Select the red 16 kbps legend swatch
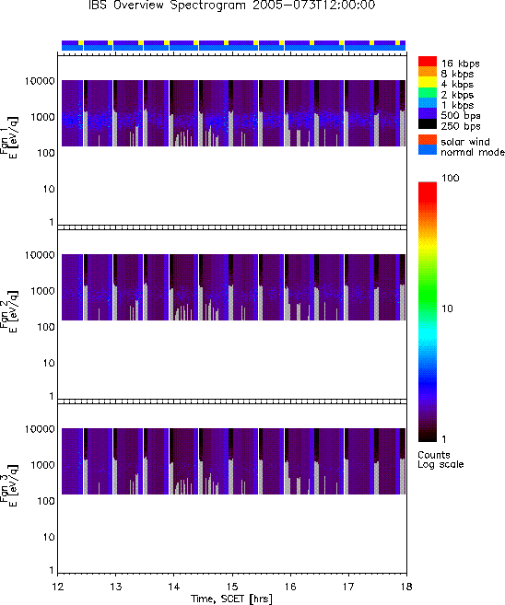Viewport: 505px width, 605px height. pyautogui.click(x=428, y=61)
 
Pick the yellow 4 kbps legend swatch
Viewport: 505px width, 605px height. pyautogui.click(x=428, y=82)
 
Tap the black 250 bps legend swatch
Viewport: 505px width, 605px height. pyautogui.click(x=428, y=124)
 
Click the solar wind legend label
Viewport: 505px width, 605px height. pyautogui.click(x=465, y=142)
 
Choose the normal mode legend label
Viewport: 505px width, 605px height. pyautogui.click(x=473, y=152)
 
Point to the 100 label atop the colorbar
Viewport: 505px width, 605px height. pyautogui.click(x=451, y=178)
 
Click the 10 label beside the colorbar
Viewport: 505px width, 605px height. pyautogui.click(x=447, y=308)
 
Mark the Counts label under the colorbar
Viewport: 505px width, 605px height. pyautogui.click(x=434, y=455)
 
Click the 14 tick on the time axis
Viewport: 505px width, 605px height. pyautogui.click(x=174, y=587)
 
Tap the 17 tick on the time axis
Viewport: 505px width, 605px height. pyautogui.click(x=348, y=587)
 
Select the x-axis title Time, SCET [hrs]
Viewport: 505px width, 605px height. pyautogui.click(x=231, y=599)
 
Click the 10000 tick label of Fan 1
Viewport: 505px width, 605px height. pyautogui.click(x=40, y=81)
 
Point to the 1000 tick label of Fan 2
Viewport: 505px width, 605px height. pyautogui.click(x=43, y=291)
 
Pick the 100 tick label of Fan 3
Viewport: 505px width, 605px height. pyautogui.click(x=46, y=501)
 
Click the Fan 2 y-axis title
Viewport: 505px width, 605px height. pyautogui.click(x=8, y=311)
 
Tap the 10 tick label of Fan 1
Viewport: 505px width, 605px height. pyautogui.click(x=49, y=189)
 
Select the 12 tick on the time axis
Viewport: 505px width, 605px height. pyautogui.click(x=57, y=587)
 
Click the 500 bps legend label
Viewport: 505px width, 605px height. pyautogui.click(x=461, y=116)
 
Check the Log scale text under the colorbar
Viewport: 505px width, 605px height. pyautogui.click(x=440, y=464)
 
